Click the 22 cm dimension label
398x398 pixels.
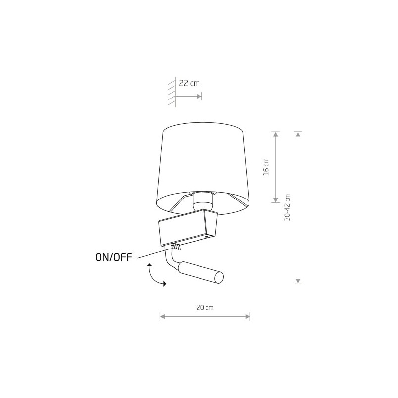(x=189, y=83)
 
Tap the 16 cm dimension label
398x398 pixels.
(x=266, y=167)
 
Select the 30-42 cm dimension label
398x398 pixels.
(x=287, y=207)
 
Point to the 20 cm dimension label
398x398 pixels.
(x=205, y=307)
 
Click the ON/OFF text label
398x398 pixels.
(x=114, y=257)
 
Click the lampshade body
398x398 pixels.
(x=203, y=167)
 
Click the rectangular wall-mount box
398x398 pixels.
(x=188, y=227)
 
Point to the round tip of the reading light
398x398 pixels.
(x=219, y=277)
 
